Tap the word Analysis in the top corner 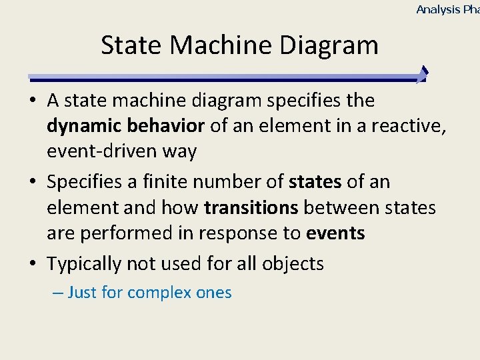438,9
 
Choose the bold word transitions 251,207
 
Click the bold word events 335,233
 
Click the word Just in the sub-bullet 82,293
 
